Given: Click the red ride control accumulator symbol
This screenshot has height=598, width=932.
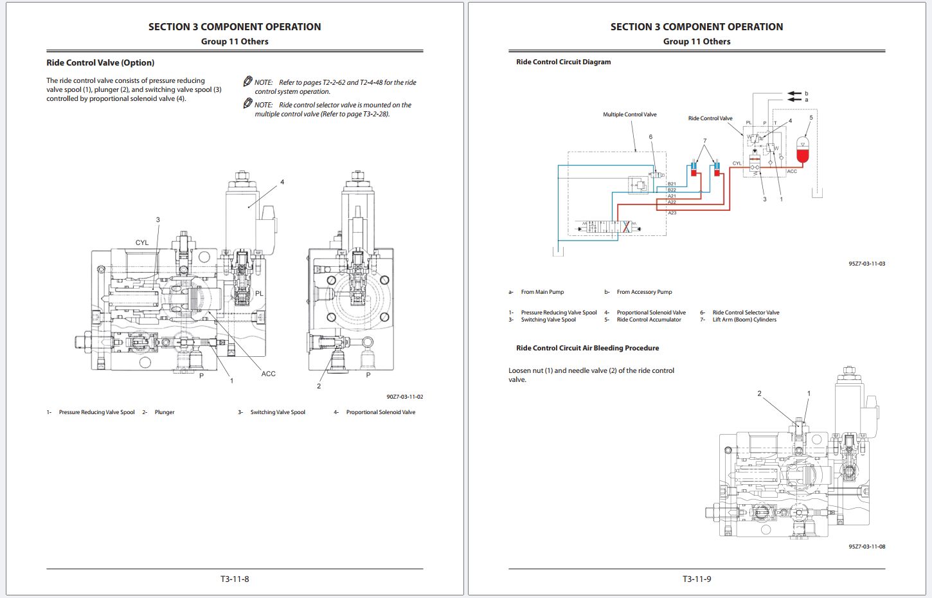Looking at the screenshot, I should pyautogui.click(x=802, y=150).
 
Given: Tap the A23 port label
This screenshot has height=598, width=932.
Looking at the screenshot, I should pyautogui.click(x=672, y=213).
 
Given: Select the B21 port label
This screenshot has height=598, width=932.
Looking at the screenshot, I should pyautogui.click(x=672, y=184).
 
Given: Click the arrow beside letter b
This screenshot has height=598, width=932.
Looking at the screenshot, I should pyautogui.click(x=794, y=93).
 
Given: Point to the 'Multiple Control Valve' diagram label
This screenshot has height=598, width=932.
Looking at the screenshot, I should pyautogui.click(x=629, y=114).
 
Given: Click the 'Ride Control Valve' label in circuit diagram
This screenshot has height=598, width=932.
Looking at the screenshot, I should pyautogui.click(x=710, y=118).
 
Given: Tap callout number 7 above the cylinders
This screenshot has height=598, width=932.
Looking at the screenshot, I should pyautogui.click(x=704, y=141).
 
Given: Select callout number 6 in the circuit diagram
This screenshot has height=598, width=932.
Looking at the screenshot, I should pyautogui.click(x=650, y=137).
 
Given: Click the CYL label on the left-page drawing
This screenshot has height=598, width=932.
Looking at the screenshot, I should pyautogui.click(x=142, y=242).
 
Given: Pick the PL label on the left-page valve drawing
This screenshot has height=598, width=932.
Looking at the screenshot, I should pyautogui.click(x=259, y=293).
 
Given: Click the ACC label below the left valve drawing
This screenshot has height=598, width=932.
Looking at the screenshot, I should pyautogui.click(x=268, y=374).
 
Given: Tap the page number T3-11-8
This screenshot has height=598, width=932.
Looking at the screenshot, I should pyautogui.click(x=235, y=579).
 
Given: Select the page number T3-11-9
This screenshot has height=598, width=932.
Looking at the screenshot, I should pyautogui.click(x=697, y=579).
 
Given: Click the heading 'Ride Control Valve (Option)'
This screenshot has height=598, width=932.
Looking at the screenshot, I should pyautogui.click(x=100, y=62).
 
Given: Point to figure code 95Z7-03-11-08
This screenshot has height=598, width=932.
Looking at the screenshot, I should pyautogui.click(x=866, y=547).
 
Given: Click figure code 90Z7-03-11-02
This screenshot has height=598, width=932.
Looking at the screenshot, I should pyautogui.click(x=404, y=397).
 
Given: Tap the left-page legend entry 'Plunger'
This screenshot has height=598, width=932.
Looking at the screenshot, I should pyautogui.click(x=165, y=412).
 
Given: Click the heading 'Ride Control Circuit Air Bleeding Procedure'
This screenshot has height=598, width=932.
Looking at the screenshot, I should pyautogui.click(x=587, y=348).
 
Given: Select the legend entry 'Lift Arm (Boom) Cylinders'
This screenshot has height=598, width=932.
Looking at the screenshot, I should pyautogui.click(x=744, y=320).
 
